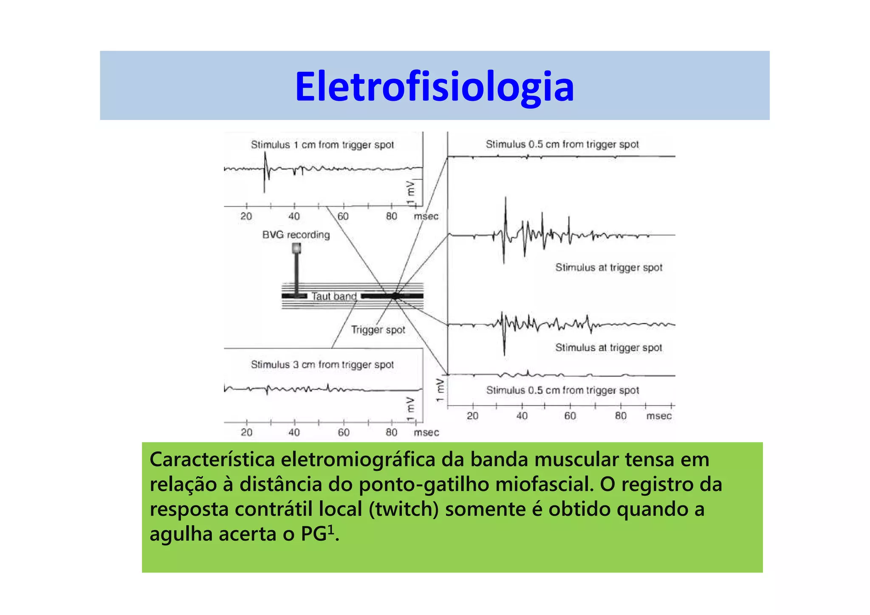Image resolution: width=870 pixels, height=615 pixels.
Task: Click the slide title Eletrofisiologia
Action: click(434, 87)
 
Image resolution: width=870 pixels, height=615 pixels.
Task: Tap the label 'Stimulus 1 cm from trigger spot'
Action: click(322, 145)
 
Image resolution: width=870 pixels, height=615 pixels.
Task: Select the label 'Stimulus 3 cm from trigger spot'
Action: click(322, 365)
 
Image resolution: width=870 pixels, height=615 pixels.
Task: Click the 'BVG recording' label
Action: click(296, 235)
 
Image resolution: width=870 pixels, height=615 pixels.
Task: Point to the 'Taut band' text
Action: click(334, 296)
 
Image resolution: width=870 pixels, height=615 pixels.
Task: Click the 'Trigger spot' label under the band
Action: click(378, 330)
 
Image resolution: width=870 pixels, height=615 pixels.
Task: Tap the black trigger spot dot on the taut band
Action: click(395, 296)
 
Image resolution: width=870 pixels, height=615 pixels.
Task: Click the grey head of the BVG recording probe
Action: click(297, 248)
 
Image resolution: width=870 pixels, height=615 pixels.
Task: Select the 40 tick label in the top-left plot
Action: click(294, 216)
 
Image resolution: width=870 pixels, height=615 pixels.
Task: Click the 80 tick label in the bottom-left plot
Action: click(391, 432)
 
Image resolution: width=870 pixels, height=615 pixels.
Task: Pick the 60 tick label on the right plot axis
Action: click(570, 416)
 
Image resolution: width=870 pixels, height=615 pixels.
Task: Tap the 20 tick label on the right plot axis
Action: click(472, 416)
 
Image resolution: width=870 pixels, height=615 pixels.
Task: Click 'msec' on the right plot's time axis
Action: click(659, 416)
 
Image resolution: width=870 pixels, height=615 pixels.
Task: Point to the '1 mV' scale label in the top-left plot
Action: click(410, 194)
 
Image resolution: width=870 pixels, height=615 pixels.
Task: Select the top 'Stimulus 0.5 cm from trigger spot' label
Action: click(562, 145)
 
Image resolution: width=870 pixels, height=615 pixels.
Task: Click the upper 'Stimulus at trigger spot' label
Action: click(609, 267)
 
